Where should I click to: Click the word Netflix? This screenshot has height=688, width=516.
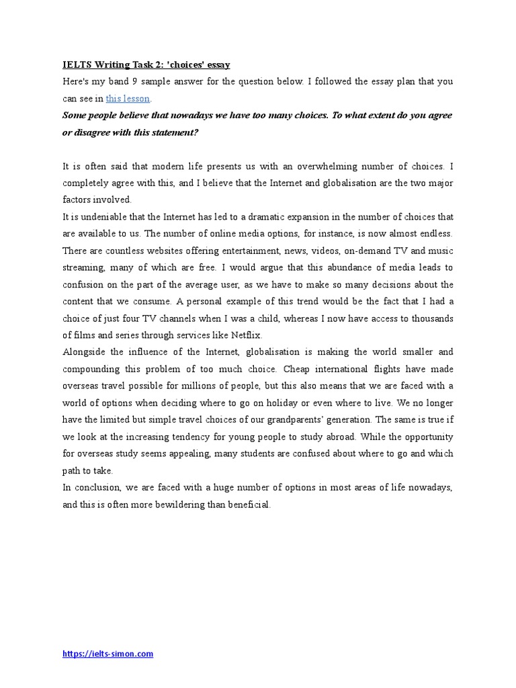[x=246, y=335]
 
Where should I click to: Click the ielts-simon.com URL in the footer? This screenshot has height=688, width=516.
[x=107, y=654]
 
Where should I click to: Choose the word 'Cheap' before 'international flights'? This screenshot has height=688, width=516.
[x=296, y=369]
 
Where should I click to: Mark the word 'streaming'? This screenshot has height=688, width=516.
[x=84, y=267]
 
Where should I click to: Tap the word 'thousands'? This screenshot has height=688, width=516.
[x=429, y=318]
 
